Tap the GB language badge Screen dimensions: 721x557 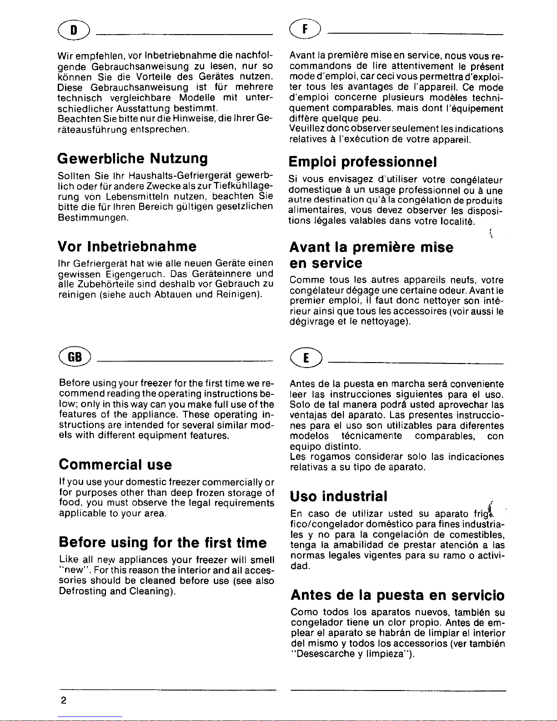[75, 356]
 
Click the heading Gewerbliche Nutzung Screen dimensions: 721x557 [133, 159]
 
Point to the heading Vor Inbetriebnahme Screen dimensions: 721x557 [127, 247]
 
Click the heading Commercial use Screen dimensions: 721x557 [115, 464]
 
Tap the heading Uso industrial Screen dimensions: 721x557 [339, 495]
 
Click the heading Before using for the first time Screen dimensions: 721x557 [162, 542]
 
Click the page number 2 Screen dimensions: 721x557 [63, 701]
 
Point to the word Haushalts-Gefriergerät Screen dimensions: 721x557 [177, 176]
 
